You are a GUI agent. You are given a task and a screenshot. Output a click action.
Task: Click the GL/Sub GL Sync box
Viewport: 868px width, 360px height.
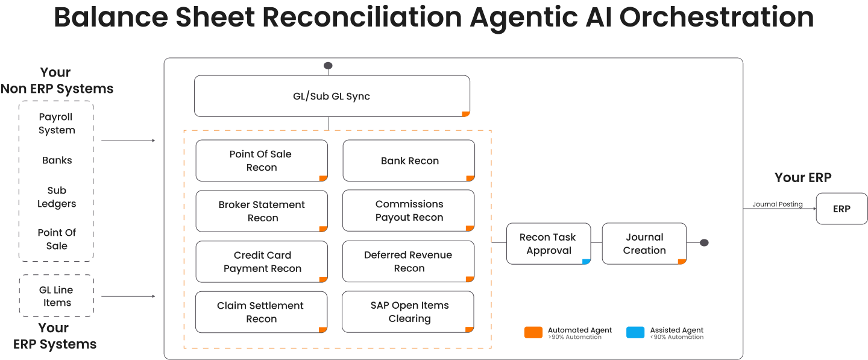pos(332,96)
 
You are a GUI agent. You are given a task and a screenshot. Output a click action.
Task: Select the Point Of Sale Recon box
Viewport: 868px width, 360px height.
pos(262,161)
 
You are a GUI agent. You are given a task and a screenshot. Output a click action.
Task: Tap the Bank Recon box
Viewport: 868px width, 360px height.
pos(409,161)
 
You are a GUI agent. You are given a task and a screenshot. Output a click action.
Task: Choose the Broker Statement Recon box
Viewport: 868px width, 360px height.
pos(262,211)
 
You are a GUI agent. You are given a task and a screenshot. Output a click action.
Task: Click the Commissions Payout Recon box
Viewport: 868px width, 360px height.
pos(409,211)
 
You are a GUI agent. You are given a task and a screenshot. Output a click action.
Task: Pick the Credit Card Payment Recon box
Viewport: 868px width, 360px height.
pos(262,262)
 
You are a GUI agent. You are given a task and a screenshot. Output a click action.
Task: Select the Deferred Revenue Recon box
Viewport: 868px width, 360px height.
pos(409,262)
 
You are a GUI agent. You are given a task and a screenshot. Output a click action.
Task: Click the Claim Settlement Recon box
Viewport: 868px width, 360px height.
pos(262,312)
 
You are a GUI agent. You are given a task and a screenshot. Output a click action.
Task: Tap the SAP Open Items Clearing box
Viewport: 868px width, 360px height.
pos(409,312)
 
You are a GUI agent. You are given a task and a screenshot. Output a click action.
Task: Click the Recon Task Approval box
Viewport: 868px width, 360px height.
pos(548,244)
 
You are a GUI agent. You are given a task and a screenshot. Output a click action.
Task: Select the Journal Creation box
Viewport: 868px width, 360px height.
pos(644,244)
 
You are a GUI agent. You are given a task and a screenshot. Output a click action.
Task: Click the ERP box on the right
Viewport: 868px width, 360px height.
pos(841,209)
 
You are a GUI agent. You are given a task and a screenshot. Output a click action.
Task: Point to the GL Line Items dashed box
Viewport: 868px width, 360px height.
pos(57,296)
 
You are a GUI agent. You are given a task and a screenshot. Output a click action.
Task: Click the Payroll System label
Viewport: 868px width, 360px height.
pos(57,124)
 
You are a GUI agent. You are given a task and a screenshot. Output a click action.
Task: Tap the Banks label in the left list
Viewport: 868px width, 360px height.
pos(57,160)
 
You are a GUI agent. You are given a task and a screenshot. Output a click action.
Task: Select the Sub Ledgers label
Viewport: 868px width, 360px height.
pos(57,197)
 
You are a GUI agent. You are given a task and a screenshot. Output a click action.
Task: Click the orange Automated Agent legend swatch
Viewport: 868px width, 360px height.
pos(533,332)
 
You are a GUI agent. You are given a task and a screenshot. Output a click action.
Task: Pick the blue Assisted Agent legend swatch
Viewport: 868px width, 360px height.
pos(635,332)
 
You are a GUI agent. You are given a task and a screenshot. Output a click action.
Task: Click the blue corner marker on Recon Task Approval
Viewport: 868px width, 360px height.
pos(586,261)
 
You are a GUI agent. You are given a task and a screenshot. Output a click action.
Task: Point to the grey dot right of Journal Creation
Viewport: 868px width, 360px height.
pos(704,243)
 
